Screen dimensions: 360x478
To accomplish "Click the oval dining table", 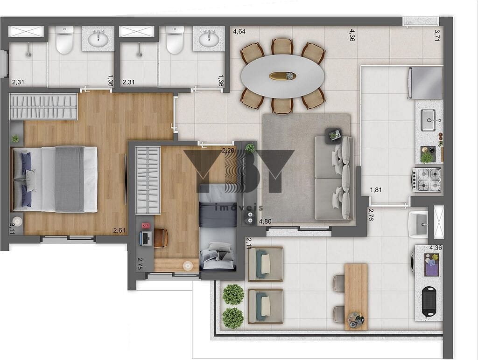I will tap(282, 76).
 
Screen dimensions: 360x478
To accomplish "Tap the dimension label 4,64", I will tap(239, 32).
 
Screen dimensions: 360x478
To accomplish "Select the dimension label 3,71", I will tap(437, 35).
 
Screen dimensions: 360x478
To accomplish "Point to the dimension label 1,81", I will tap(376, 190).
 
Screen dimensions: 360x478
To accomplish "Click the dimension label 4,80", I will tap(265, 221).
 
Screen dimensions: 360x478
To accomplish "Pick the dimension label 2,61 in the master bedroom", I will tap(119, 230).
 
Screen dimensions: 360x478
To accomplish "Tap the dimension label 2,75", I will tap(140, 263).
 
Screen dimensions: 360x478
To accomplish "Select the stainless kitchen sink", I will tap(428, 120).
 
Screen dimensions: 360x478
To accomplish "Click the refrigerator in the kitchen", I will tap(425, 83).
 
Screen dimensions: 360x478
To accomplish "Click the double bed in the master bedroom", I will tap(55, 179).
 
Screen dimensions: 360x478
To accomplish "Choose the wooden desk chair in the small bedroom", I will tap(160, 238).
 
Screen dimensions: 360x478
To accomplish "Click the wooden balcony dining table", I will tap(356, 297).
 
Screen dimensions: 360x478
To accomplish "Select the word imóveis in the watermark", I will tap(239, 208).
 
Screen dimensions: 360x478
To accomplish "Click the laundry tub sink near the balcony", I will tap(418, 224).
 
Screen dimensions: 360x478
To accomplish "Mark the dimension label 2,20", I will tap(228, 150).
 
